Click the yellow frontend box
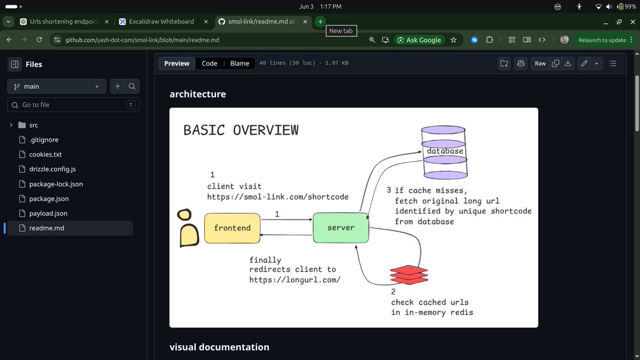233,228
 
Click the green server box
341,228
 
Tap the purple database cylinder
444,153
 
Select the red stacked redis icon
409,275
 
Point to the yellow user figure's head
185,214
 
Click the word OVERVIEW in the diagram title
266,130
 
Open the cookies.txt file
45,154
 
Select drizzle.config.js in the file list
52,169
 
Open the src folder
34,125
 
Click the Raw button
540,63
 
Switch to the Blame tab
239,63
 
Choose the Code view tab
210,63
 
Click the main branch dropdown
57,86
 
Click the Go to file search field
74,105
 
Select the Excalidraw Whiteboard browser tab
162,21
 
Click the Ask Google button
419,40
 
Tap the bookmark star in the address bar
453,40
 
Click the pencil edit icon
584,63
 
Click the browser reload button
39,39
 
